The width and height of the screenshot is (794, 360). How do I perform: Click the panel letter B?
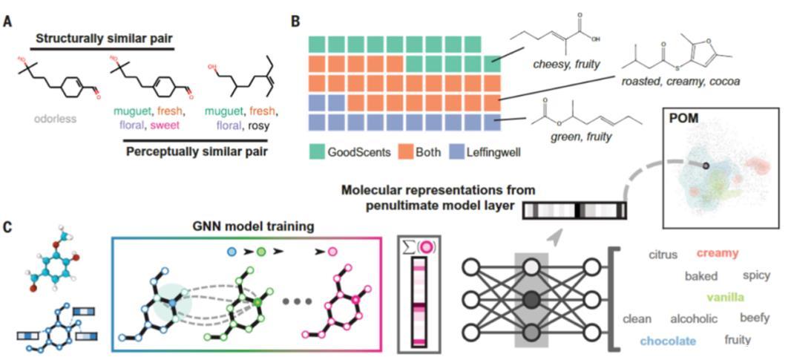[x=295, y=22]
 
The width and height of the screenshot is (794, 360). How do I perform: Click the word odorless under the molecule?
[x=56, y=118]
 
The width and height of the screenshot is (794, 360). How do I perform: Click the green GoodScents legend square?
[x=315, y=153]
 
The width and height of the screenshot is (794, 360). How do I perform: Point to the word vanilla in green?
[x=726, y=298]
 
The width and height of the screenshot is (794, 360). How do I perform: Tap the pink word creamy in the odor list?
[x=718, y=254]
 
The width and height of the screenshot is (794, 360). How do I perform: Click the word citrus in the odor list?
[x=663, y=255]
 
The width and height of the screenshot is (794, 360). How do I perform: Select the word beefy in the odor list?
[x=754, y=318]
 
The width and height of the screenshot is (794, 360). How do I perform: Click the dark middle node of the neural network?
[x=531, y=299]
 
